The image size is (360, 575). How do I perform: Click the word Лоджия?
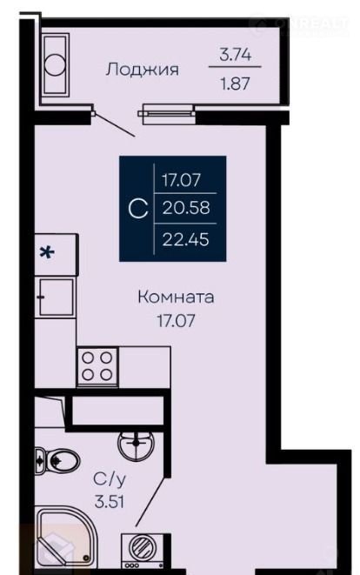tap(143, 70)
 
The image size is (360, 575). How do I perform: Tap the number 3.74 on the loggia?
tap(235, 55)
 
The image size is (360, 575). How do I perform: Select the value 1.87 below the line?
tap(235, 84)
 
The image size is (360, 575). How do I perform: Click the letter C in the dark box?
tap(138, 209)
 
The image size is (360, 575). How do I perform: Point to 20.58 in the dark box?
tap(186, 208)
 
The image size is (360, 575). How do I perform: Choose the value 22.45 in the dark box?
tap(186, 239)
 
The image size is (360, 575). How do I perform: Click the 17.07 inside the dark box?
tap(182, 180)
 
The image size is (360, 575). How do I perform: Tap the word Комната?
tap(176, 297)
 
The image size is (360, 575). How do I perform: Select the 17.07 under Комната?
tap(176, 321)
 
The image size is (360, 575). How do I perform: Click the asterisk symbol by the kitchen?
tap(47, 252)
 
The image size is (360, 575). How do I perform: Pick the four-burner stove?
tap(97, 366)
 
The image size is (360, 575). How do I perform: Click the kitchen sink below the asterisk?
tap(57, 297)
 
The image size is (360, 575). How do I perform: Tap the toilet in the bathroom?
tap(57, 459)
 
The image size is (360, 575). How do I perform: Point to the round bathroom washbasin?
tap(137, 445)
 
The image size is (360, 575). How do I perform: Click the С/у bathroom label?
tap(110, 479)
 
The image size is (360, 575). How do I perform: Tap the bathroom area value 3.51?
tap(110, 501)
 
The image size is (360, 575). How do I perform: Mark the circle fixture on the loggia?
tap(55, 65)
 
